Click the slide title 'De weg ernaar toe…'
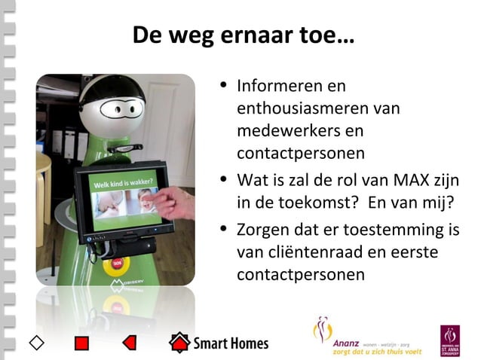241,35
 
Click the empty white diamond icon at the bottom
35,343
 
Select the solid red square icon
82,343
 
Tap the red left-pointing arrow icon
129,343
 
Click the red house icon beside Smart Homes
179,343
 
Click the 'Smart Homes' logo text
231,344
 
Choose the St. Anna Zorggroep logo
450,340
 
